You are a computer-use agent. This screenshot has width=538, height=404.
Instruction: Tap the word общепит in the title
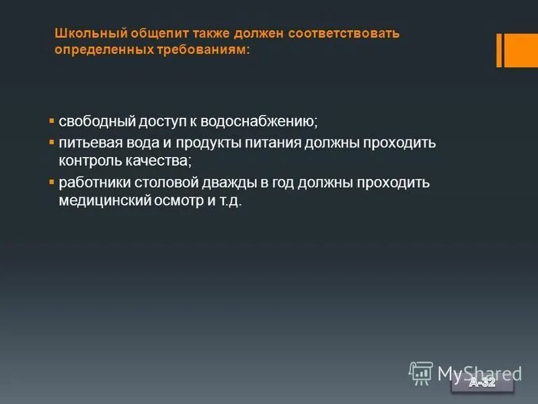click(151, 33)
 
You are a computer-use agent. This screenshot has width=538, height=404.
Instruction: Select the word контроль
click(88, 162)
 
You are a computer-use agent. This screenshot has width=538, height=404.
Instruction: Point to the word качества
click(157, 162)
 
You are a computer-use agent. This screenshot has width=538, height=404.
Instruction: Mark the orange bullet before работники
click(52, 182)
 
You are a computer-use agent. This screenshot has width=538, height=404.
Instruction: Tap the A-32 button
click(482, 383)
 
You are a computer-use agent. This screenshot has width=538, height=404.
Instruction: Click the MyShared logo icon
click(421, 372)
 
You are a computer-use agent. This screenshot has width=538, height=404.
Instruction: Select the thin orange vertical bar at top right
click(499, 50)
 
